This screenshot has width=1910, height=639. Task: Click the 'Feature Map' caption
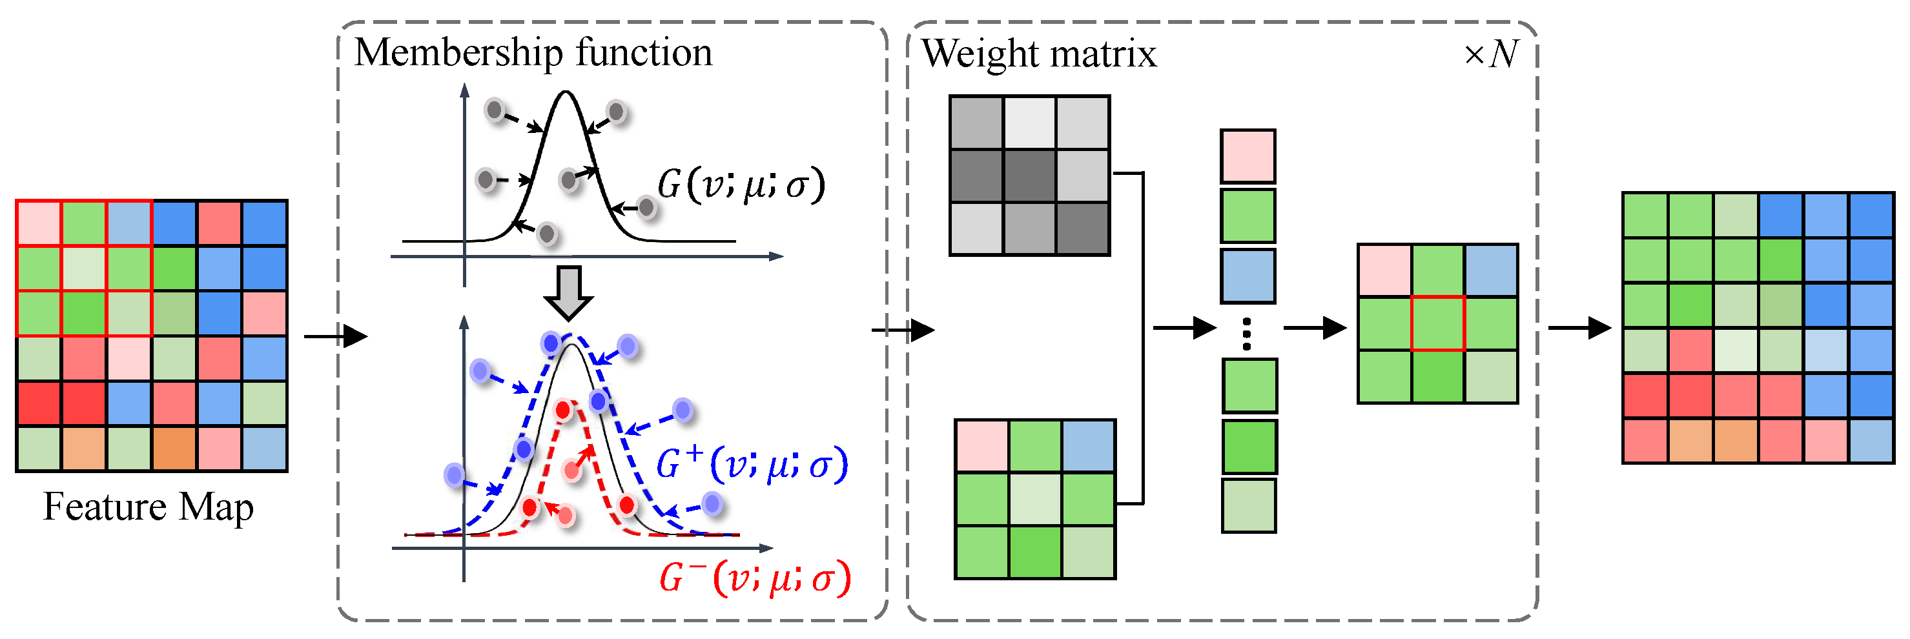click(x=149, y=508)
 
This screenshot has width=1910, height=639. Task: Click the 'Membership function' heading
click(x=532, y=53)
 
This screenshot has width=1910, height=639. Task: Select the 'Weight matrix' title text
click(x=1038, y=54)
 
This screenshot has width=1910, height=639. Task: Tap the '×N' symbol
click(x=1490, y=54)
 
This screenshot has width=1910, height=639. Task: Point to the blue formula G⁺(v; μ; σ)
click(x=751, y=465)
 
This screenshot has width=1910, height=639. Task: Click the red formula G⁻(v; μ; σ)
click(x=754, y=578)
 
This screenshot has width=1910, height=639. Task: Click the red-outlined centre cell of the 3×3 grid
click(x=1437, y=323)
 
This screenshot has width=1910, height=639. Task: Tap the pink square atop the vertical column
click(x=1248, y=156)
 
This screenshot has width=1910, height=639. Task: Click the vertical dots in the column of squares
click(x=1247, y=334)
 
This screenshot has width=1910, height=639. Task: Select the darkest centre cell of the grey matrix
click(x=1029, y=176)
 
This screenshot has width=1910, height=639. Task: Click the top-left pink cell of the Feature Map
click(x=39, y=223)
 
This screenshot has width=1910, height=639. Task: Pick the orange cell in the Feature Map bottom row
click(x=174, y=449)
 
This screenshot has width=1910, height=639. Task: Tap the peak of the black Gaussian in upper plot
click(x=566, y=93)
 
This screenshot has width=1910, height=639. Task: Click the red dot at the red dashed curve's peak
click(x=564, y=409)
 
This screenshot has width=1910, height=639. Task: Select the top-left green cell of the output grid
click(x=1645, y=216)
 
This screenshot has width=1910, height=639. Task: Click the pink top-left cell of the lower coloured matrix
click(x=981, y=446)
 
